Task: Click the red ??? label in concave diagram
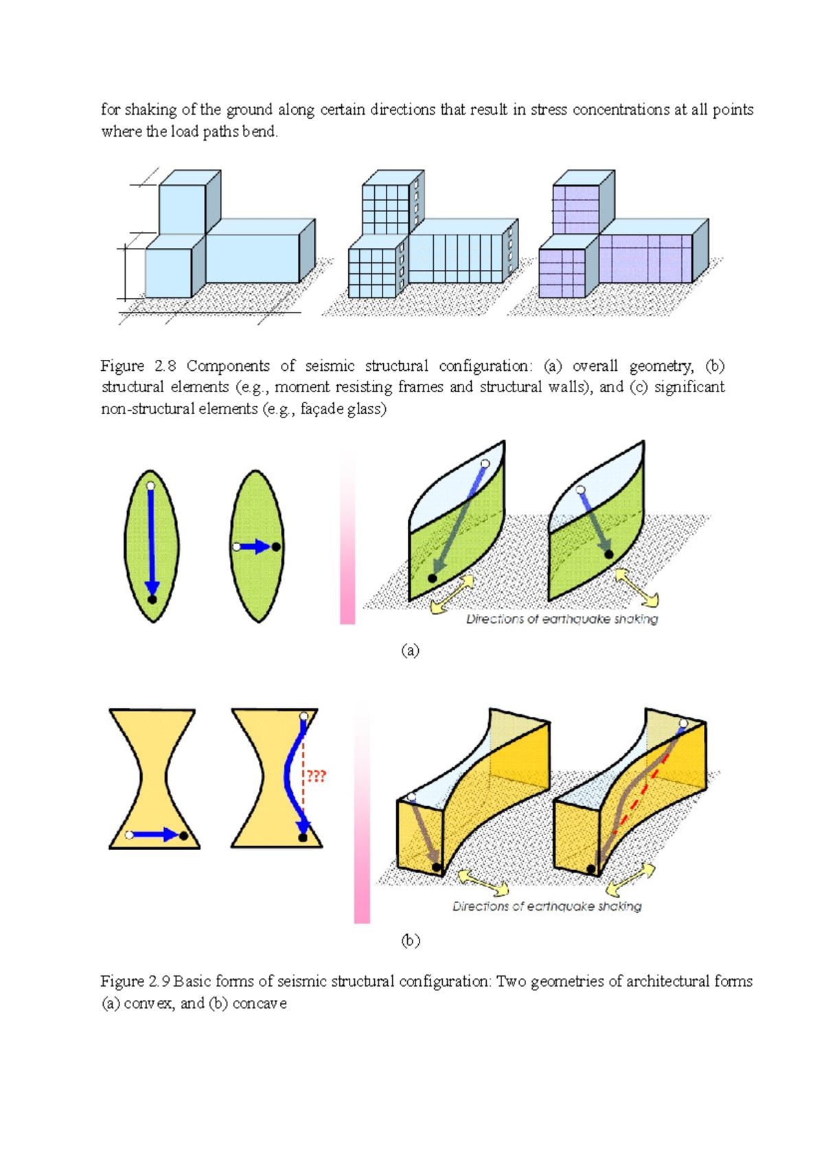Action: [316, 776]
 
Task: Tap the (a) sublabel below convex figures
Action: [410, 650]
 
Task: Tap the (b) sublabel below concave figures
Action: [411, 940]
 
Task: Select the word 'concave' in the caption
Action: [260, 1003]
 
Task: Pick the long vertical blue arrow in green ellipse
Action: [152, 542]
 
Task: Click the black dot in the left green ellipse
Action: [152, 599]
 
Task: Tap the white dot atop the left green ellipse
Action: [150, 486]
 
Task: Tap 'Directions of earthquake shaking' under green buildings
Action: [562, 619]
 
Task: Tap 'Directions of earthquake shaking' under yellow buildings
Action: [547, 906]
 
